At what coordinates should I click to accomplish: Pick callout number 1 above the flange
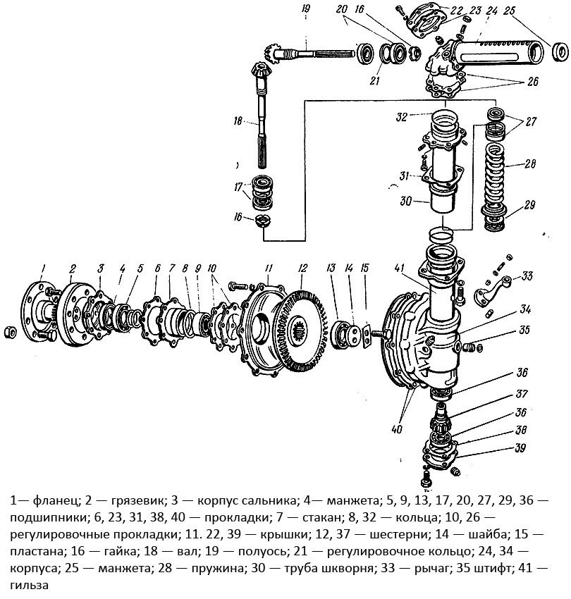coord(43,266)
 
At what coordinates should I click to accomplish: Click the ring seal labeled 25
coord(559,51)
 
